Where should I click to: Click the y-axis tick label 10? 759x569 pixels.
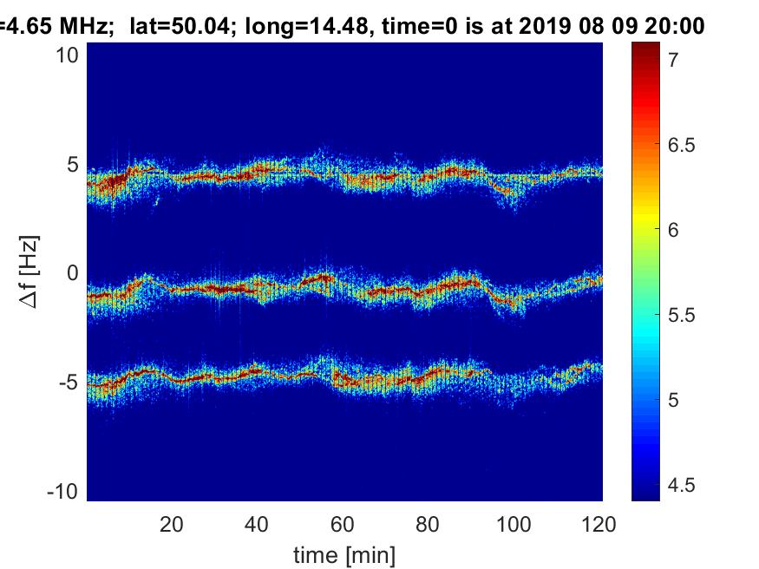(x=69, y=56)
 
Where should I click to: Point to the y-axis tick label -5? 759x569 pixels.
(x=70, y=383)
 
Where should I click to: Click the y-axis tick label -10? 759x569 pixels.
(x=66, y=491)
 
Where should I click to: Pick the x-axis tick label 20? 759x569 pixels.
(x=172, y=523)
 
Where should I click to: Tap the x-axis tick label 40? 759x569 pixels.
(x=258, y=523)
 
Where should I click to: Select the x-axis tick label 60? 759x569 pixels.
(x=344, y=523)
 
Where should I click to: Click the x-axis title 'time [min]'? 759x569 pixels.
(x=344, y=552)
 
